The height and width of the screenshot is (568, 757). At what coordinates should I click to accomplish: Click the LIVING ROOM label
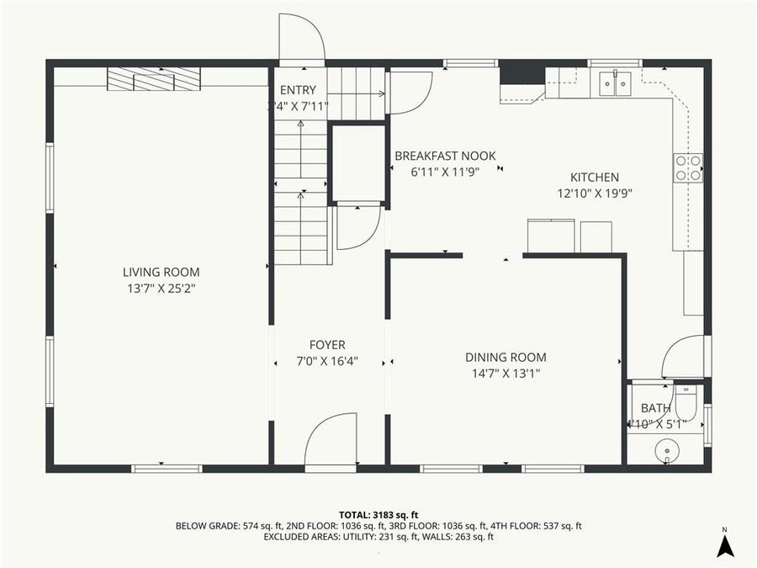pyautogui.click(x=161, y=272)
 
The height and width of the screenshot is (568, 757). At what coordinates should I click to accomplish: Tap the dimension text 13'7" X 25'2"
pyautogui.click(x=161, y=288)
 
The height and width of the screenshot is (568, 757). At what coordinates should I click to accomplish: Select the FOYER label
pyautogui.click(x=327, y=345)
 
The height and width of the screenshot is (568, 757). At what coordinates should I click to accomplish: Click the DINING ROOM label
pyautogui.click(x=506, y=357)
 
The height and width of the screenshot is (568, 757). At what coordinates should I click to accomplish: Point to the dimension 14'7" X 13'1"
pyautogui.click(x=506, y=373)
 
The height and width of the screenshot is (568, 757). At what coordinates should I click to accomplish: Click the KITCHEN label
pyautogui.click(x=595, y=178)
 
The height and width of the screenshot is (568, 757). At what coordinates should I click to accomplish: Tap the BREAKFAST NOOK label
pyautogui.click(x=445, y=156)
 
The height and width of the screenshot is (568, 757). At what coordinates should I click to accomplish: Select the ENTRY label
pyautogui.click(x=298, y=91)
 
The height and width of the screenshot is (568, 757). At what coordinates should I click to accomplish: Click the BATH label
pyautogui.click(x=656, y=408)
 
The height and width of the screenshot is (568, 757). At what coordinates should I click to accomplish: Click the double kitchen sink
pyautogui.click(x=617, y=83)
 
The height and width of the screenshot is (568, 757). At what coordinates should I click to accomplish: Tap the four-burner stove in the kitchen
pyautogui.click(x=689, y=168)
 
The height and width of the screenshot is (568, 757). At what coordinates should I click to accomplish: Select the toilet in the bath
pyautogui.click(x=686, y=402)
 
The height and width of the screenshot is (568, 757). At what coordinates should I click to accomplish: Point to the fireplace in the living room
pyautogui.click(x=153, y=78)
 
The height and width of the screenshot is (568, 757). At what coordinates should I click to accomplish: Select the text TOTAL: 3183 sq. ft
pyautogui.click(x=378, y=514)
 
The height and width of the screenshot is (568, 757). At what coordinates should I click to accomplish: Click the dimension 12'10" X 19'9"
pyautogui.click(x=595, y=193)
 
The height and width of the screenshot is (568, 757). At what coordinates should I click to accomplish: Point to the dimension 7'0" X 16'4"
pyautogui.click(x=327, y=361)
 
